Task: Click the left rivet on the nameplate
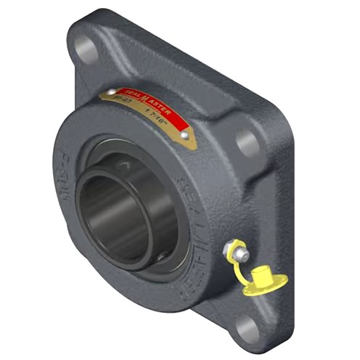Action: [112, 92]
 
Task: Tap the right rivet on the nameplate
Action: [186, 135]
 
